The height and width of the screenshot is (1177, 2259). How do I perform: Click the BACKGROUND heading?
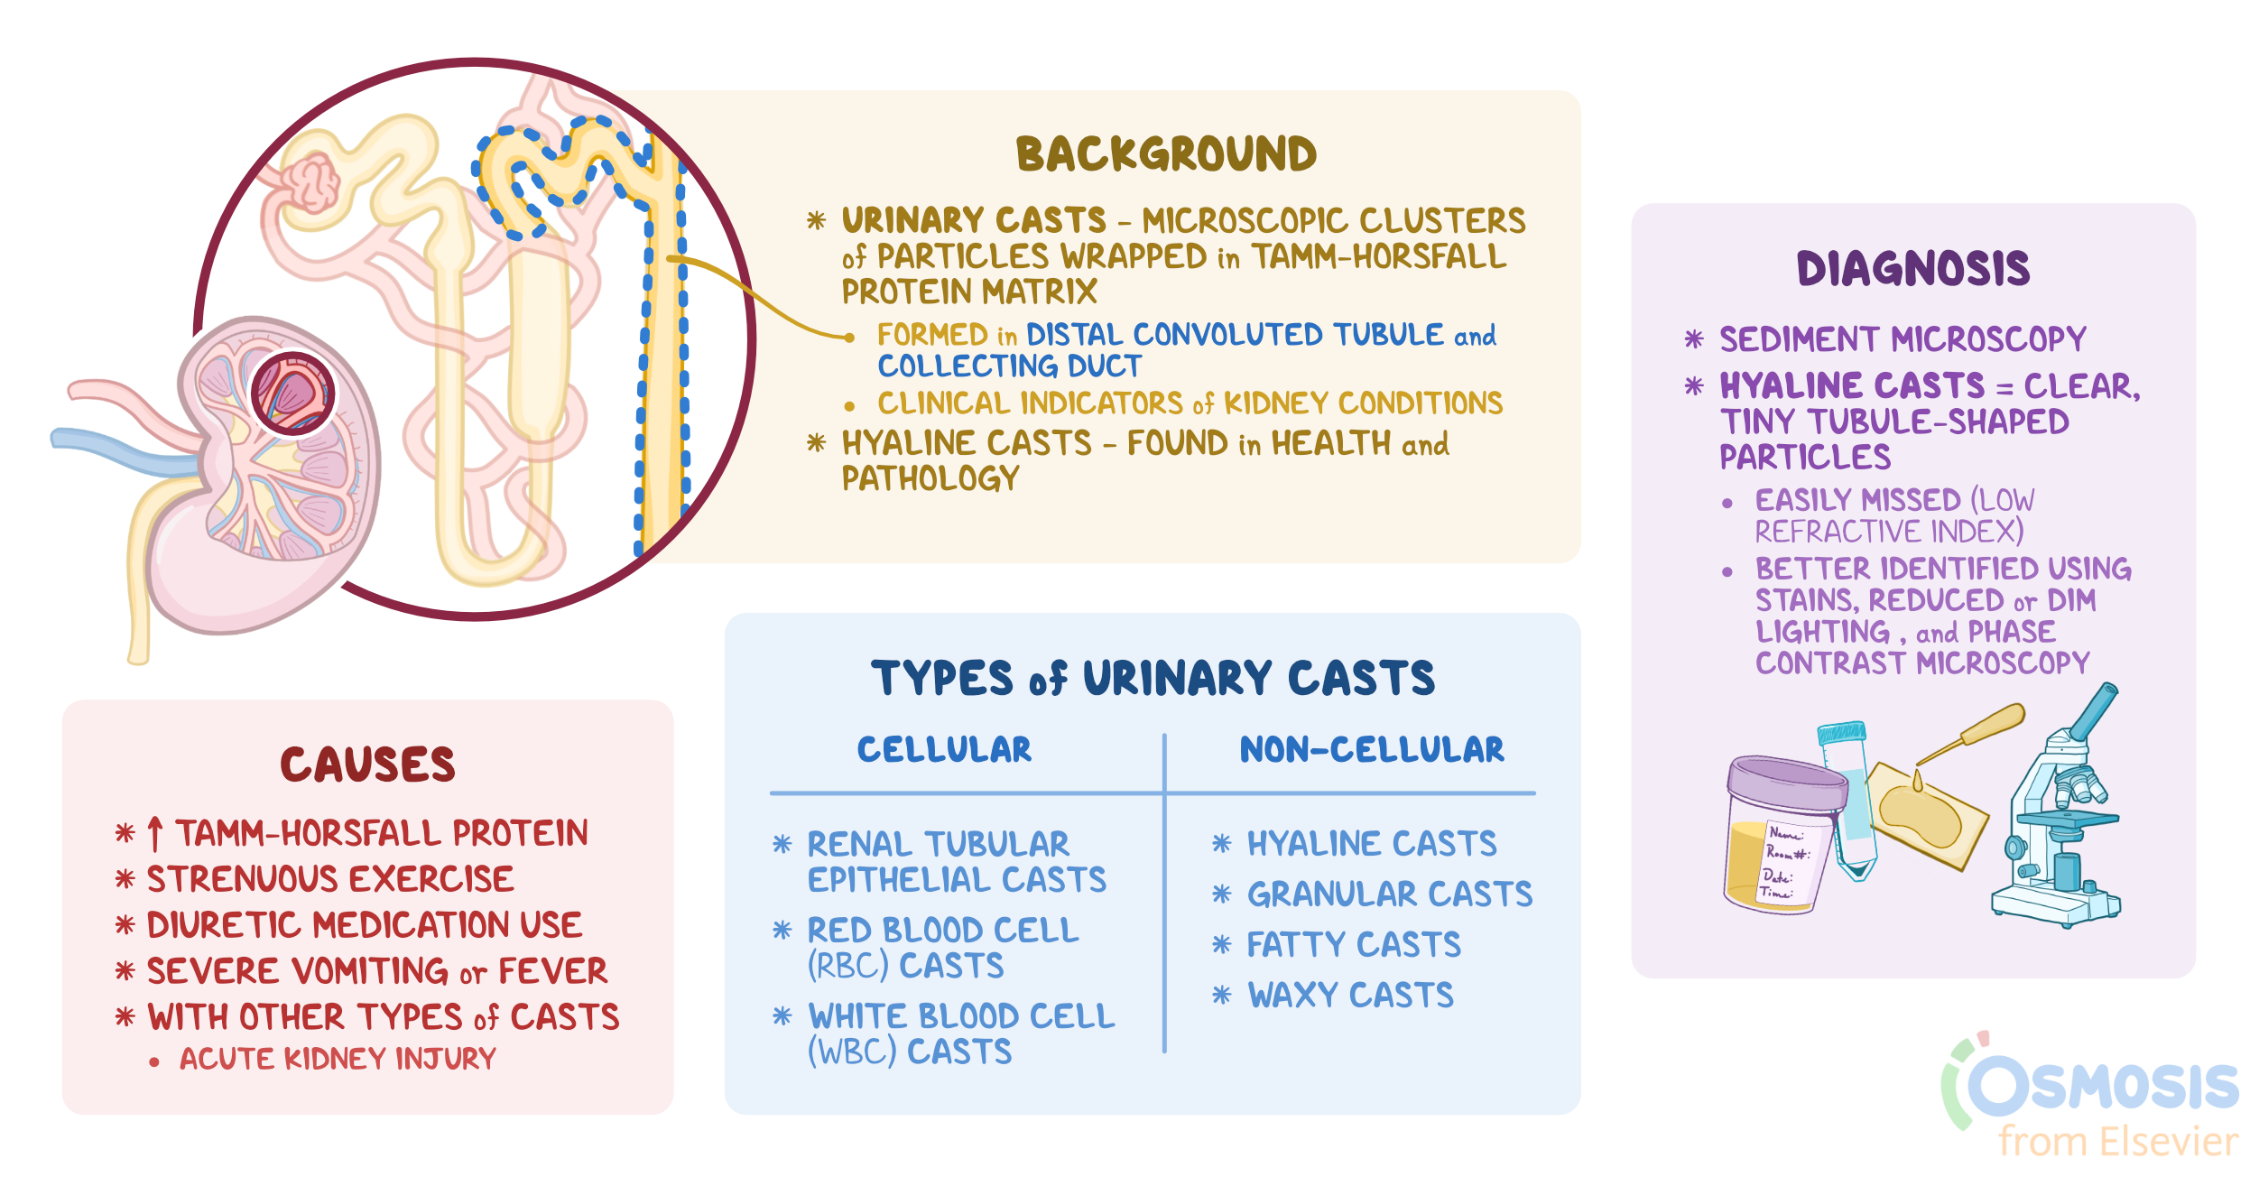(1166, 154)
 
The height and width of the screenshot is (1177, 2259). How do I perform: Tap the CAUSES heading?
(367, 765)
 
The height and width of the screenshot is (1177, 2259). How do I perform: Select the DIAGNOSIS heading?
(1913, 269)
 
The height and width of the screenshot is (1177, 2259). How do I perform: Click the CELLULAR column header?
(944, 750)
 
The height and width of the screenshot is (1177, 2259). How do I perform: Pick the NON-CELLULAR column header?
(1372, 750)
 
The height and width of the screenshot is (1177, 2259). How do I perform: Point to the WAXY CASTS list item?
(1350, 996)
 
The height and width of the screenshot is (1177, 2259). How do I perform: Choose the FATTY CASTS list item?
(1354, 945)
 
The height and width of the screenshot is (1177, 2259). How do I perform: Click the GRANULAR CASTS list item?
(1390, 894)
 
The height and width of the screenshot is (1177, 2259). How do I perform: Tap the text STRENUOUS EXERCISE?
(330, 879)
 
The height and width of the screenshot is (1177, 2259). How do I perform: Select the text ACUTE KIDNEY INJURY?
(338, 1059)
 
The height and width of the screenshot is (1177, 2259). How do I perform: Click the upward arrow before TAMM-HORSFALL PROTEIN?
(155, 833)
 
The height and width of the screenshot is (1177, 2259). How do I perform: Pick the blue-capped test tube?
(1846, 794)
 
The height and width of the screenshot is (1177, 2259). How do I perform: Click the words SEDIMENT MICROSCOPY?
(1903, 339)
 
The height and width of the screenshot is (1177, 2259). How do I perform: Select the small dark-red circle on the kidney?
(292, 394)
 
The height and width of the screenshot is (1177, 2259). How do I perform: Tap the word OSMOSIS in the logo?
(2103, 1087)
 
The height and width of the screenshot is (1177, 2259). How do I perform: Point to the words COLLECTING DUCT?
(1009, 366)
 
